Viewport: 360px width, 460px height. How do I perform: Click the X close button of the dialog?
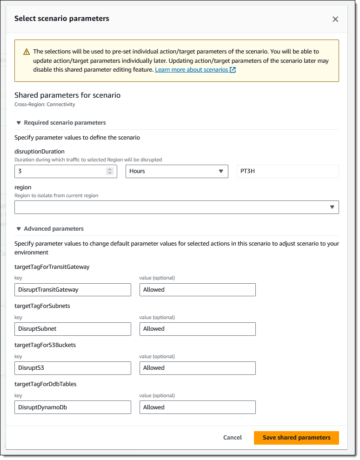tap(335, 19)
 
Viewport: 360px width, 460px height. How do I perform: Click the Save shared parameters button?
tap(296, 438)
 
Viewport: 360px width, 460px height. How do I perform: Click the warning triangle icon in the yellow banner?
tap(27, 52)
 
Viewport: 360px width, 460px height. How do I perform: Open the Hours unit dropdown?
tap(177, 171)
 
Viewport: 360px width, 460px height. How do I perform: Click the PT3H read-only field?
tap(287, 171)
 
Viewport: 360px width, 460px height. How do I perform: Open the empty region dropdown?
tap(177, 207)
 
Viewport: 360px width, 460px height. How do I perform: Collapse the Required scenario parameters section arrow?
tap(19, 123)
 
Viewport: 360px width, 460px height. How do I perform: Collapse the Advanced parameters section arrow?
tap(19, 229)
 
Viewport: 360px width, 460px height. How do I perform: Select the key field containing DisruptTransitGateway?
tap(73, 290)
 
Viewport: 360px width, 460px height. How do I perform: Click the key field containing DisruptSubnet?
tap(73, 329)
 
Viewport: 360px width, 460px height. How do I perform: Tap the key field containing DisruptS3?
tap(73, 368)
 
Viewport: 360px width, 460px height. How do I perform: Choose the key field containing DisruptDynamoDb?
tap(73, 407)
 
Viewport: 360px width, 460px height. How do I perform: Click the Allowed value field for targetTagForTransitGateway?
tap(197, 290)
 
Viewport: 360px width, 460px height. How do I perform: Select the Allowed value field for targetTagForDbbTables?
tap(197, 407)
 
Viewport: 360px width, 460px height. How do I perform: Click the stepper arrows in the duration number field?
tap(110, 171)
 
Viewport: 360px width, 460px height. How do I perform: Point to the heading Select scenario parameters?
tap(62, 19)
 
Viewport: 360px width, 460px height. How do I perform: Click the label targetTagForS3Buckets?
tap(45, 345)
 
